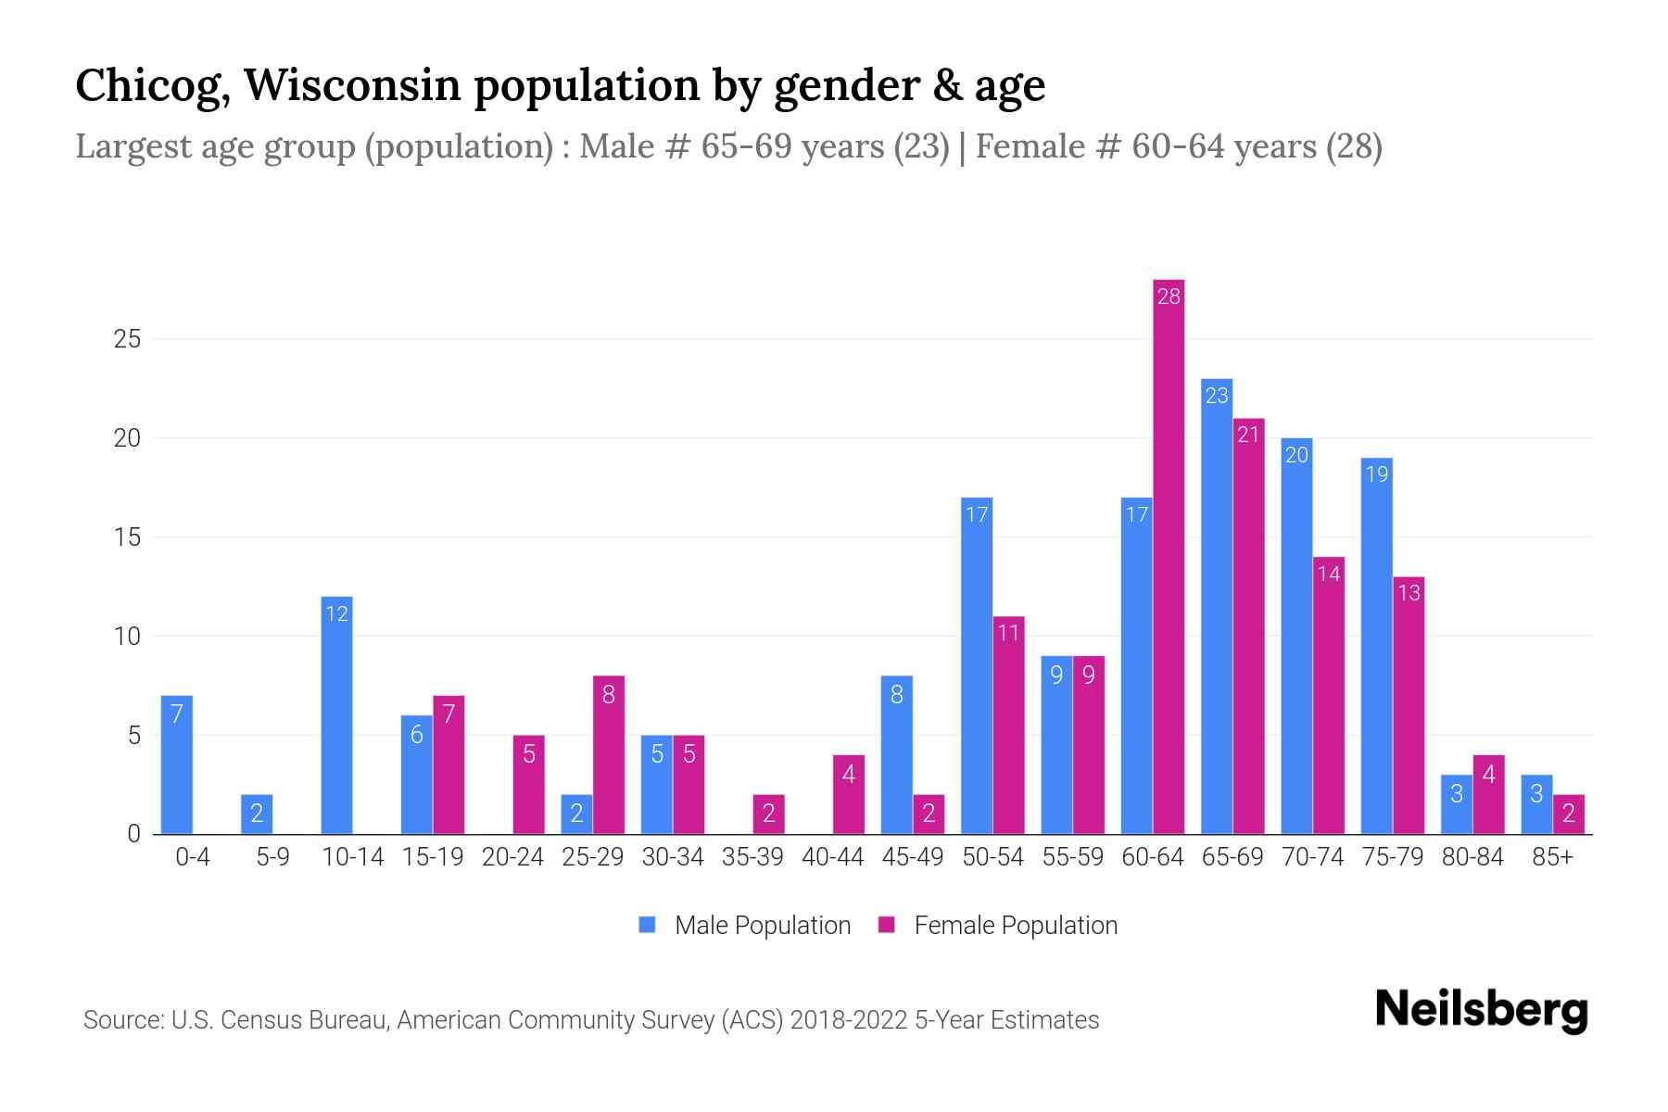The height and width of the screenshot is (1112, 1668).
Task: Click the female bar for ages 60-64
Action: [x=1169, y=556]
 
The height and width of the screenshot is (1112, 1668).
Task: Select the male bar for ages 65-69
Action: [x=1216, y=607]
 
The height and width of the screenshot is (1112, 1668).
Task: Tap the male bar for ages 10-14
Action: [x=336, y=715]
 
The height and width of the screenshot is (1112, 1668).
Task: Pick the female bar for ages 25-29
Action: [x=609, y=755]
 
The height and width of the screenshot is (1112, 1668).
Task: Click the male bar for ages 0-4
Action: [x=177, y=764]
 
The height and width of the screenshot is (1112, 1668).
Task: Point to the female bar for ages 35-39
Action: [x=769, y=815]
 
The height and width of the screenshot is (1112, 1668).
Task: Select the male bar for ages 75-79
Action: [x=1376, y=646]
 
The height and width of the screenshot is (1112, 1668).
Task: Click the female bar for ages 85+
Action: [x=1569, y=815]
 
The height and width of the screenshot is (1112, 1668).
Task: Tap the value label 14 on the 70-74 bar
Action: [x=1329, y=575]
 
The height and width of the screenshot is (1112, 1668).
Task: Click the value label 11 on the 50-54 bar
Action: [x=1008, y=633]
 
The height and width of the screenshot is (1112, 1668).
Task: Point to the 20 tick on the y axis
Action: [x=127, y=438]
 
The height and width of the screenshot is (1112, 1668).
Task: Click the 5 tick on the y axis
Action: [x=134, y=736]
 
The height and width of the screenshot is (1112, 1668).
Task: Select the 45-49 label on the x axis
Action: [x=912, y=857]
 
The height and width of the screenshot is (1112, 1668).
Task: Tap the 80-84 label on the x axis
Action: [x=1472, y=857]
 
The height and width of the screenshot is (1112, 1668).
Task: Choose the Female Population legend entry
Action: [x=998, y=926]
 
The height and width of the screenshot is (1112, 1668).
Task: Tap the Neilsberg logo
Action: [x=1481, y=1010]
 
